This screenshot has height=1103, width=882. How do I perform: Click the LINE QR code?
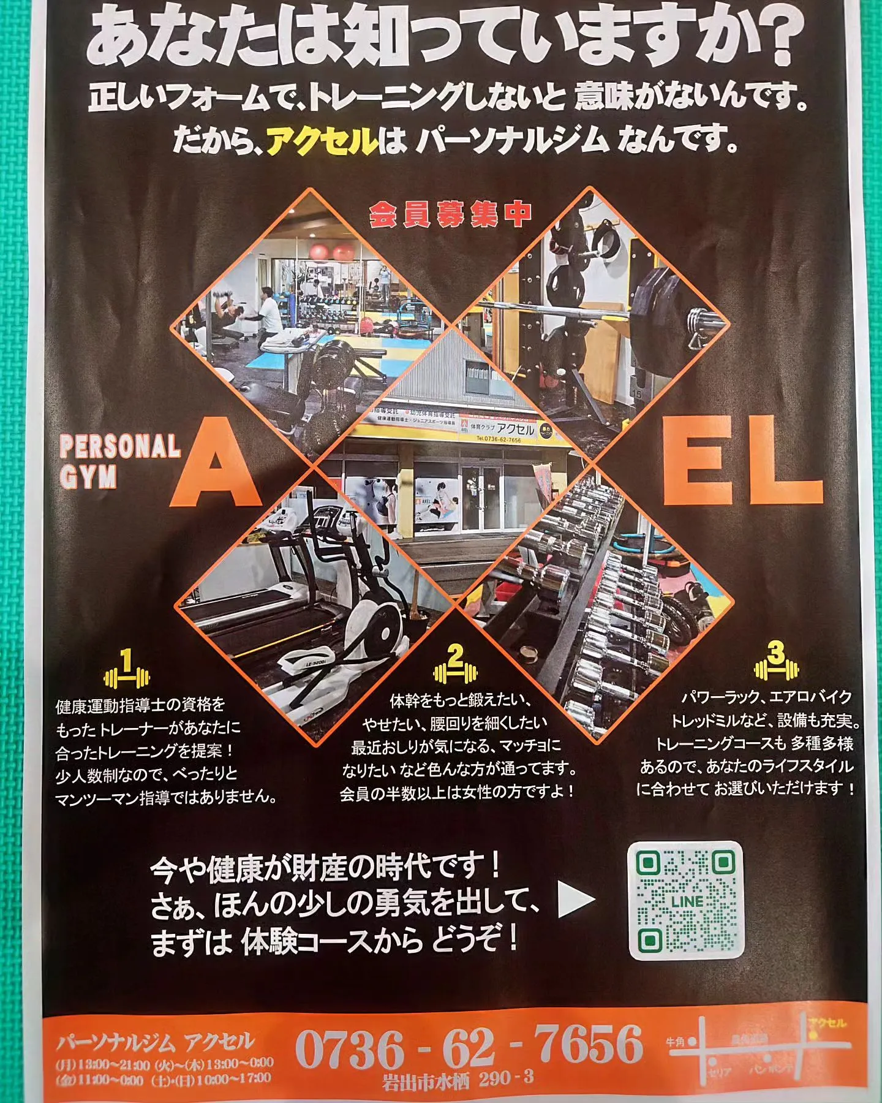[x=686, y=900]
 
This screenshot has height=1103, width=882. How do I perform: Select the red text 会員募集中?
[x=450, y=215]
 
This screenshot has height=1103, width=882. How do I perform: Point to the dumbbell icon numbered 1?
[x=127, y=671]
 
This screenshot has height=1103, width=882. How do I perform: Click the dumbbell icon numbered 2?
[x=455, y=667]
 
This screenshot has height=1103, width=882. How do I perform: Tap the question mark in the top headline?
[x=775, y=37]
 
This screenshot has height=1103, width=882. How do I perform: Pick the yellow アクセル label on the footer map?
[x=827, y=1023]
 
